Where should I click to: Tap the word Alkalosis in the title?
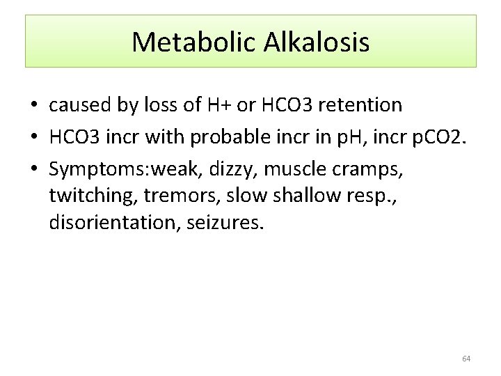click(317, 42)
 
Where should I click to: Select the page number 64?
click(466, 359)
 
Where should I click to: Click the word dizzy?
click(232, 168)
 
